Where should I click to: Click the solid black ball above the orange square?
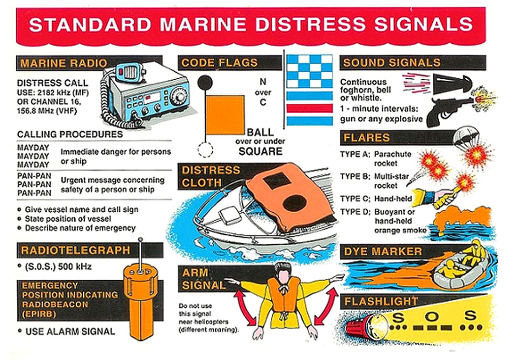coord(205,82)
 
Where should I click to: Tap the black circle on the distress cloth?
coord(296,202)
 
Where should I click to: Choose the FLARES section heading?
coord(367,137)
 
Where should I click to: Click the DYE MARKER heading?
coord(383,252)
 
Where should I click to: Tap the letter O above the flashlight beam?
coord(433,316)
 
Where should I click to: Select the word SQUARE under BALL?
coord(260,151)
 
